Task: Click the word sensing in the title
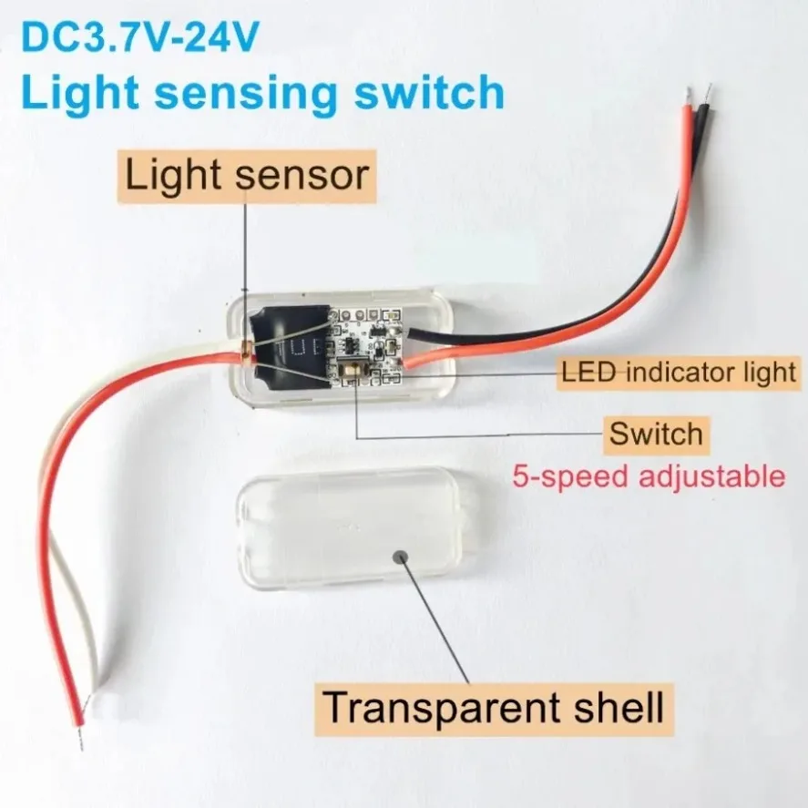coord(248,94)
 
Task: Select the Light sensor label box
coord(247,176)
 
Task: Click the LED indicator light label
coord(679,372)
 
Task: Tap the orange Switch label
coord(656,435)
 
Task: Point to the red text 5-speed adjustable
coord(649,476)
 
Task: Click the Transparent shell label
coord(494,708)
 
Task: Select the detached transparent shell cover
coord(358,530)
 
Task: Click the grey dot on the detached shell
coord(401,557)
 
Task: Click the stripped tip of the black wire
coord(709,93)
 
